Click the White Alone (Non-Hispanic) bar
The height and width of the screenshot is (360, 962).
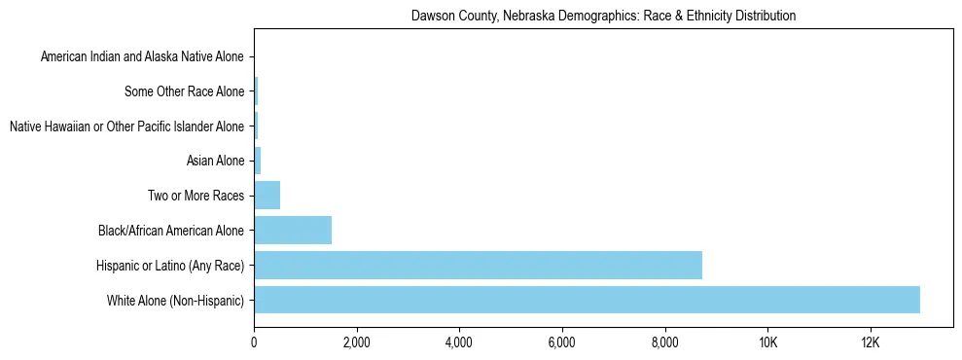coord(587,300)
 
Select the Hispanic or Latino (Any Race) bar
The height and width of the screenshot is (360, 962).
coord(478,265)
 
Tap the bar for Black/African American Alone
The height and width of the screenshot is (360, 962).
coord(293,231)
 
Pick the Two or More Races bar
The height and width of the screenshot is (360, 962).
coord(267,196)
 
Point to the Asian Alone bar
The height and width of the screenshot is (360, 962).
coord(258,161)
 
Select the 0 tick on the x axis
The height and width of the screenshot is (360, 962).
coord(254,342)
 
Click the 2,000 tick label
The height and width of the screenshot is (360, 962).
coord(356,342)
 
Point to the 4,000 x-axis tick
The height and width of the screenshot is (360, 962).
coord(459,342)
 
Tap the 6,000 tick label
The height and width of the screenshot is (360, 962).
coord(562,342)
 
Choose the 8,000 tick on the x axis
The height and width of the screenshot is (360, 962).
coord(664,342)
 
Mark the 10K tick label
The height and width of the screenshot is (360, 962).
coord(767,342)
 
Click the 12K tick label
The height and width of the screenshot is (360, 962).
coord(871,342)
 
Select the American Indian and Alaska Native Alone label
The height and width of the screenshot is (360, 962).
coord(142,57)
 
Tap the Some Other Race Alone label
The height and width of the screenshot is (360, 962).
coord(185,92)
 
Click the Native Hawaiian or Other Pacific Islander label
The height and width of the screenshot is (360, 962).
coord(126,126)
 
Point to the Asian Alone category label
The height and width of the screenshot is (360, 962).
coord(215,162)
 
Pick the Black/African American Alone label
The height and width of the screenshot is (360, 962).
coord(171,231)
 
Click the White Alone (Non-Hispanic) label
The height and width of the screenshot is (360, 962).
coord(175,301)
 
